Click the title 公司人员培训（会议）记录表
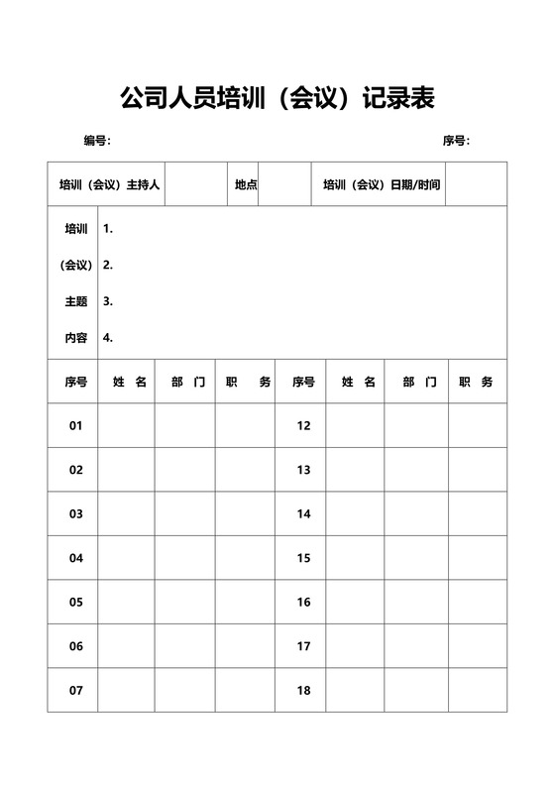point(277,98)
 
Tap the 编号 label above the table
point(96,141)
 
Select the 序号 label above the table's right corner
point(455,141)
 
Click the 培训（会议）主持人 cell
point(109,184)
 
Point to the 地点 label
point(246,184)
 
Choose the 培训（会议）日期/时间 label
point(382,184)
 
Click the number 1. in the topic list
point(108,229)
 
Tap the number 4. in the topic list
point(108,337)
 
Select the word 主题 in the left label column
point(76,301)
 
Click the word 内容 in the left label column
point(76,337)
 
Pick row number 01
point(76,426)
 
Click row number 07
point(76,691)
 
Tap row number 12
point(303,426)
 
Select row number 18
point(303,691)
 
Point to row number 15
point(303,558)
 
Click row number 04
point(76,558)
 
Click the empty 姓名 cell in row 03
point(126,514)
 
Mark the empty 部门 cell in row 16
point(416,603)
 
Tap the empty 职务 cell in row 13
point(478,470)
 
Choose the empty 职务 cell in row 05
point(245,603)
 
